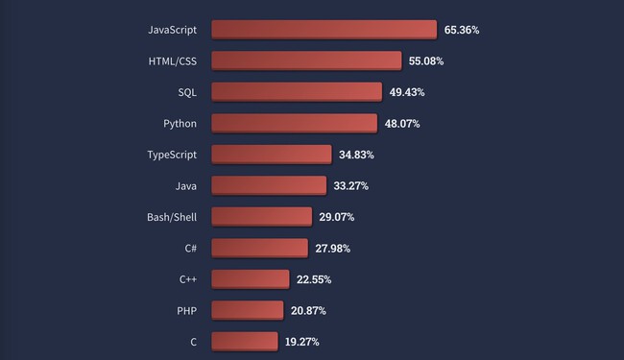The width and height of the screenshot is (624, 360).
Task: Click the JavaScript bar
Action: pyautogui.click(x=324, y=30)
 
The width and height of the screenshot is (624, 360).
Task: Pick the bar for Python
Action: pyautogui.click(x=294, y=123)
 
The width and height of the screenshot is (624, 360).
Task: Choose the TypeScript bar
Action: pyautogui.click(x=272, y=154)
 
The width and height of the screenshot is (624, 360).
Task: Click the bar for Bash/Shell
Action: pyautogui.click(x=261, y=216)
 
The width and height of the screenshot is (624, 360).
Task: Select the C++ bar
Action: pyautogui.click(x=250, y=278)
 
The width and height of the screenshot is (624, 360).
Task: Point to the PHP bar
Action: pyautogui.click(x=247, y=309)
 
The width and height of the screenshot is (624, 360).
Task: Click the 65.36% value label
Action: pyautogui.click(x=462, y=31)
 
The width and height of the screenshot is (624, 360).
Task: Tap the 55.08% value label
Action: pyautogui.click(x=426, y=61)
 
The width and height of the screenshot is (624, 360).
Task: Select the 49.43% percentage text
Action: pyautogui.click(x=407, y=92)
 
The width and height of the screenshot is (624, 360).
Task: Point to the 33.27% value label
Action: pyautogui.click(x=350, y=185)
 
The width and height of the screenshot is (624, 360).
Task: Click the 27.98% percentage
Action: pyautogui.click(x=332, y=248)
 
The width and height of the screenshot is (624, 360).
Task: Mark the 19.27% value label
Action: pyautogui.click(x=301, y=341)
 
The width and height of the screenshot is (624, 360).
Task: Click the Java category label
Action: pyautogui.click(x=186, y=185)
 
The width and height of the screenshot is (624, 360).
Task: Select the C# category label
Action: pyautogui.click(x=191, y=248)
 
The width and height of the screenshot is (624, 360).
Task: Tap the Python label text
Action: pyautogui.click(x=180, y=124)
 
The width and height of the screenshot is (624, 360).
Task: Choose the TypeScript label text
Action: pyautogui.click(x=172, y=155)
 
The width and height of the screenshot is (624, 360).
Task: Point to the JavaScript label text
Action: pyautogui.click(x=173, y=31)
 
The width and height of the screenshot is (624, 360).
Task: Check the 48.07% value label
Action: pyautogui.click(x=402, y=124)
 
